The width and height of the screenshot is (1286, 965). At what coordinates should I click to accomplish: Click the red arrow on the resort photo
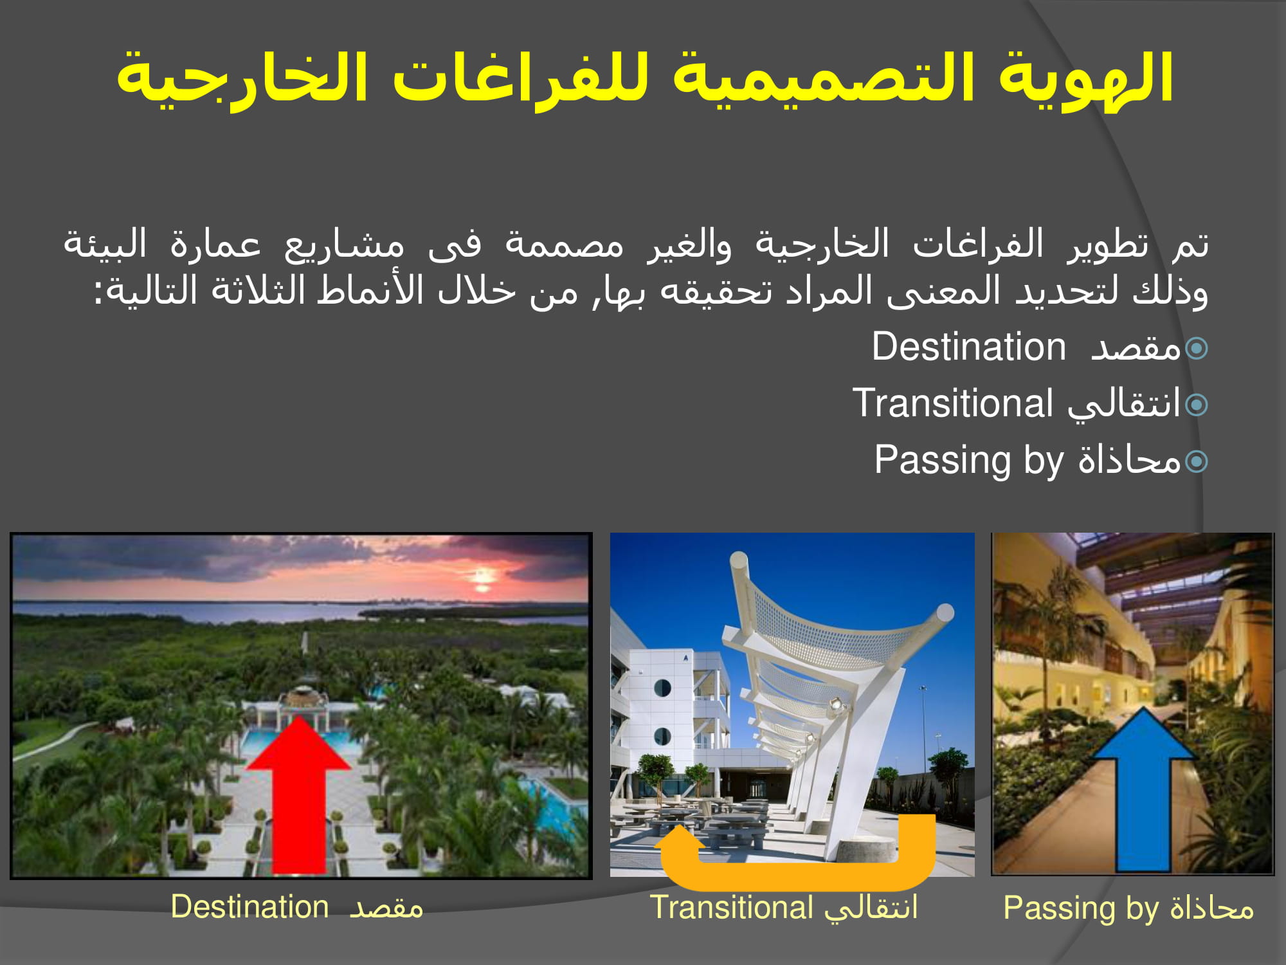click(298, 798)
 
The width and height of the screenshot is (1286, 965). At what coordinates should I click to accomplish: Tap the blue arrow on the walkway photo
click(1144, 791)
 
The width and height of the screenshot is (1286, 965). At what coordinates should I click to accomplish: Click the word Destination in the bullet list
click(968, 347)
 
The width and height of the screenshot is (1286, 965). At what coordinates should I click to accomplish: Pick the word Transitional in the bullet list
click(952, 403)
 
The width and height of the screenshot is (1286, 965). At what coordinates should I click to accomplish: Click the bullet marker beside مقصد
click(1197, 349)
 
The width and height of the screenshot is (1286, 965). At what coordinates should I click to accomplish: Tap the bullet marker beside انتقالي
click(1197, 405)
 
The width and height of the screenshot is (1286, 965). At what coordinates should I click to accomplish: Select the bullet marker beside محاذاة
click(1197, 461)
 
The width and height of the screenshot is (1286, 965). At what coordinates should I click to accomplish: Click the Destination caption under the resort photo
click(297, 907)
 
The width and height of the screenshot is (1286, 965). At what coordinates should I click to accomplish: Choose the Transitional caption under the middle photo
click(784, 908)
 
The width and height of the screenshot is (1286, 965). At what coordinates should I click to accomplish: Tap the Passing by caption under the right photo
click(1128, 909)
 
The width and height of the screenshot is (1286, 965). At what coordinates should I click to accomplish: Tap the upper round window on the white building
click(662, 688)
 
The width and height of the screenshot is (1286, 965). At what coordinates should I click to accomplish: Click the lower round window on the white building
click(662, 737)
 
